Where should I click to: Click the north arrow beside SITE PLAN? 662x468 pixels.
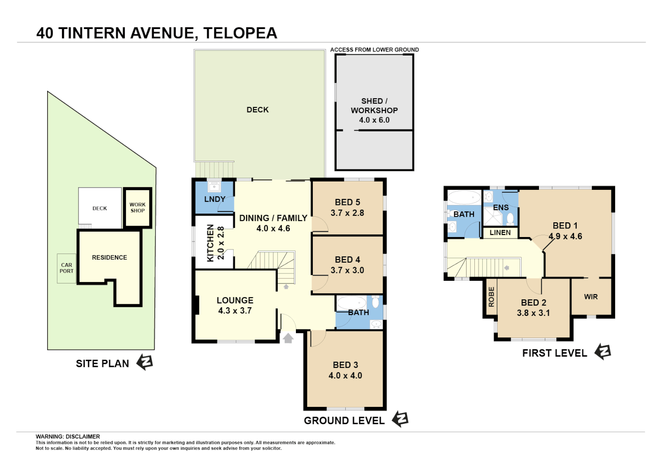point(145,362)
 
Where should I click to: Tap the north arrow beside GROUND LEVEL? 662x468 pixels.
point(400,419)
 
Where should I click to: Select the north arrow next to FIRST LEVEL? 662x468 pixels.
point(602,351)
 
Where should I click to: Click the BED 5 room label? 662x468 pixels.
point(347,202)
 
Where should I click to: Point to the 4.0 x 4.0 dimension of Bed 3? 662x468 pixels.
point(345,376)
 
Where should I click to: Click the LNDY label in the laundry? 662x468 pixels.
point(214,199)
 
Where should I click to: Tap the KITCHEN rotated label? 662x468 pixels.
point(211,243)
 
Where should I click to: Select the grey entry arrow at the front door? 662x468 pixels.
point(288,338)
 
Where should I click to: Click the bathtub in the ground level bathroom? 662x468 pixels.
point(351,302)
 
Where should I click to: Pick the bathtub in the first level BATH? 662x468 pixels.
point(464,198)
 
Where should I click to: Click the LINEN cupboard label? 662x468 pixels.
point(500,233)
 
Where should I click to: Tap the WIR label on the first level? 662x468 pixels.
point(591,297)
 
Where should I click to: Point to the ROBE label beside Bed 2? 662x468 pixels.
point(491,297)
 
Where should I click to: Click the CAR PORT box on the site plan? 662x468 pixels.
point(67,268)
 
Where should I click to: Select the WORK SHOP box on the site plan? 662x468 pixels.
point(137,208)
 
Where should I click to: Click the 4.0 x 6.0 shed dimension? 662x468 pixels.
point(374,120)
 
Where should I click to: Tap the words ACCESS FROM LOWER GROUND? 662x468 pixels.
point(374,50)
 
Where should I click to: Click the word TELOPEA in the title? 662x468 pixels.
point(240,33)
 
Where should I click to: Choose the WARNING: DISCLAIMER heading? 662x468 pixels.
point(68,436)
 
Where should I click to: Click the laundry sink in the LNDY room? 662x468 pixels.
point(214,187)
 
